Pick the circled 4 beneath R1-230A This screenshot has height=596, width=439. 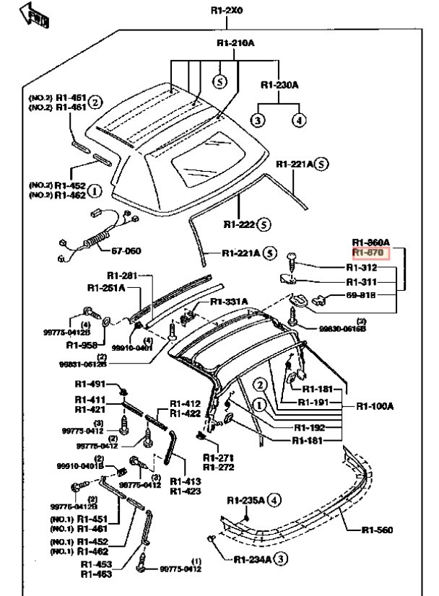(x=298, y=120)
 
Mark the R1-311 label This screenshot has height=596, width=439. (x=362, y=282)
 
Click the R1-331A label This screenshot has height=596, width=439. (x=230, y=301)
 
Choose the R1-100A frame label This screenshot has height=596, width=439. (x=374, y=406)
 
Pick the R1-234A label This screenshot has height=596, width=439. (x=251, y=558)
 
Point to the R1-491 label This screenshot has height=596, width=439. (x=90, y=385)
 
